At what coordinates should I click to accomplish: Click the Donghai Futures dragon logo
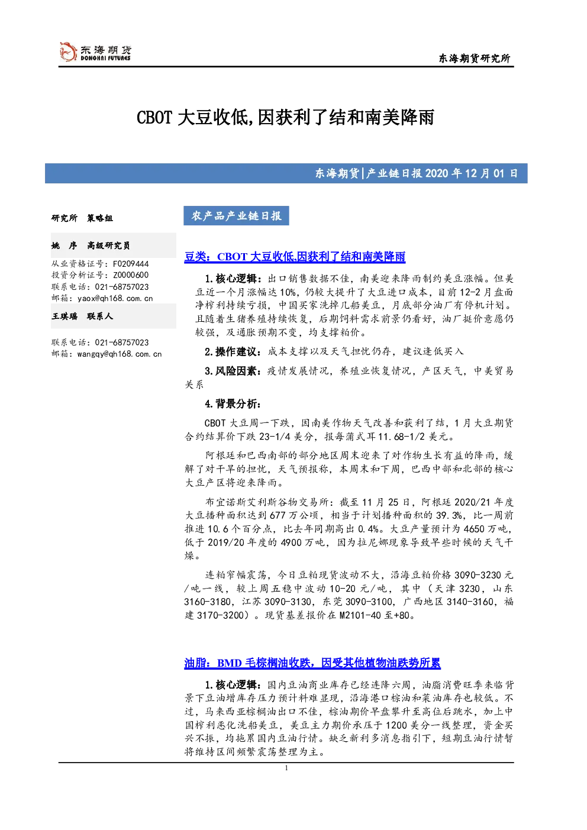68,51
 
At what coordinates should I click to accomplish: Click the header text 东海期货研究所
475,58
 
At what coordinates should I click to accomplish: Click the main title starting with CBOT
285,118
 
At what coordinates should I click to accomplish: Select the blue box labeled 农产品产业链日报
236,216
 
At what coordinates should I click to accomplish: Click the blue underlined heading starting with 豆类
295,256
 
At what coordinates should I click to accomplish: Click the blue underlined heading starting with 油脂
312,663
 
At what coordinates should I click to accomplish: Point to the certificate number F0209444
131,264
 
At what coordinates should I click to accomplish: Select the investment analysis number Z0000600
131,275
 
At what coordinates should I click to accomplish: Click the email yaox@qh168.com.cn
115,298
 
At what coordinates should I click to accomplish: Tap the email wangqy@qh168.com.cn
120,354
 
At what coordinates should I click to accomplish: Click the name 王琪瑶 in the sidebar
64,316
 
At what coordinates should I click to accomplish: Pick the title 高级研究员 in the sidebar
108,246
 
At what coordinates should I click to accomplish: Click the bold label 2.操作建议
233,351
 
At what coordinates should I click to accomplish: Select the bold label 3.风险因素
233,371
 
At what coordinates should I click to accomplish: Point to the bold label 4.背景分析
233,404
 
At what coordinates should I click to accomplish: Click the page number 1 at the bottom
286,768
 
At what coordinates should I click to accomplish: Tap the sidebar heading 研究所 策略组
82,218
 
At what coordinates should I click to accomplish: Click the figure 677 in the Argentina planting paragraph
278,515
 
